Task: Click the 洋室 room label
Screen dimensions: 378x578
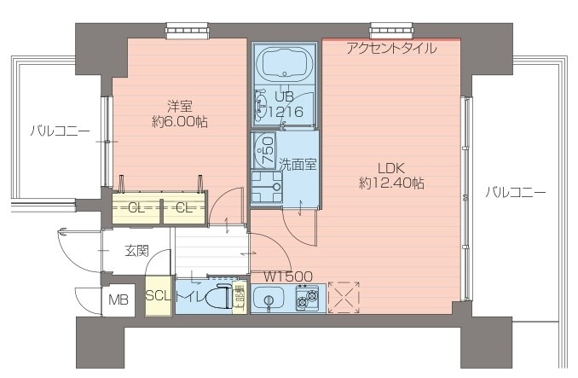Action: click(x=179, y=107)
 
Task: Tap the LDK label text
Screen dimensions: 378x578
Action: click(x=391, y=167)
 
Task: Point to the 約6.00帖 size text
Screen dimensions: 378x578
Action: click(x=179, y=122)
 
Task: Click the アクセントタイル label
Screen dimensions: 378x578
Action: click(x=391, y=49)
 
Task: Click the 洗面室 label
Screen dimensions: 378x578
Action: click(x=298, y=164)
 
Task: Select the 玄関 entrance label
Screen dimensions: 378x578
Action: click(x=136, y=251)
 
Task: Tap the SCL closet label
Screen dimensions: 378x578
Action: click(x=159, y=296)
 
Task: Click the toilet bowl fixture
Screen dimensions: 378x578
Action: click(x=218, y=299)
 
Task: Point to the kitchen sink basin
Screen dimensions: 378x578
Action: click(x=271, y=299)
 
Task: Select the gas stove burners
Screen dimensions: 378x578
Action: click(x=306, y=299)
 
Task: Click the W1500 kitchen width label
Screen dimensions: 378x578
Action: click(x=287, y=276)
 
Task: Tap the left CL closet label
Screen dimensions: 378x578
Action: click(x=136, y=207)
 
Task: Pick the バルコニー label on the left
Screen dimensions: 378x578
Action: click(x=59, y=131)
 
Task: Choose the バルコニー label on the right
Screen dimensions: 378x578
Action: click(x=515, y=192)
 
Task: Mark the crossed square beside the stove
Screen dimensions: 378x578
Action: click(x=344, y=298)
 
